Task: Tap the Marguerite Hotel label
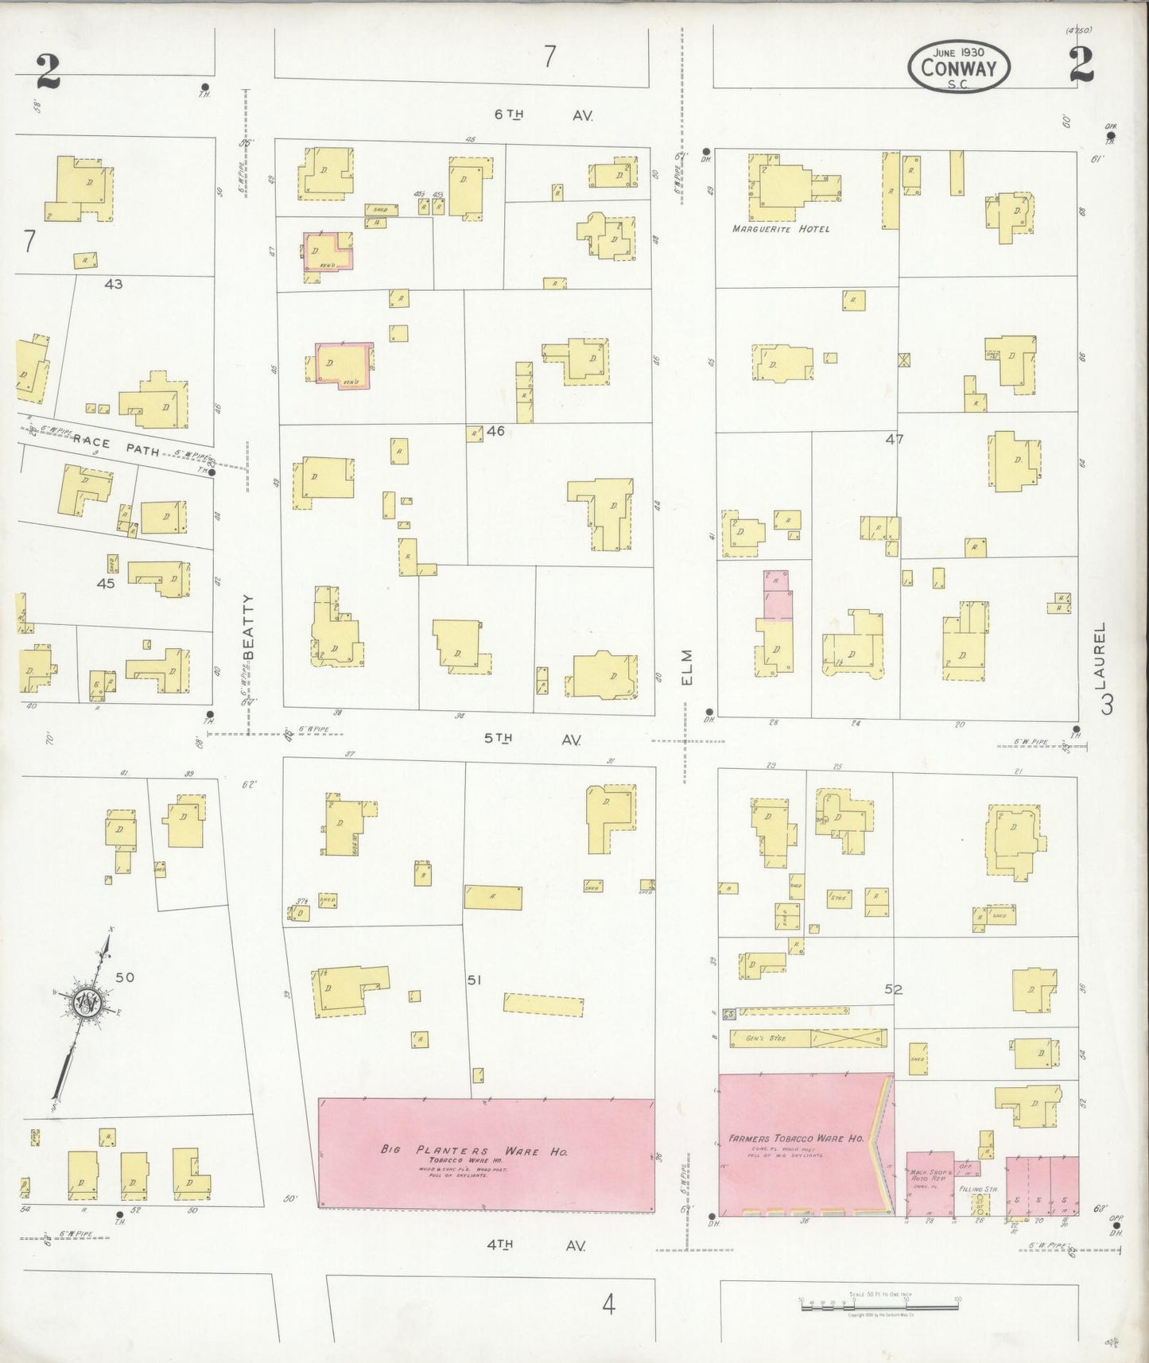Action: (x=780, y=229)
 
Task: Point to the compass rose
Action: (x=85, y=1004)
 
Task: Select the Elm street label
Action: (x=687, y=666)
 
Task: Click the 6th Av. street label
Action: (x=544, y=115)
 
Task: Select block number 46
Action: (x=495, y=432)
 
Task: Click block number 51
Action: (x=475, y=981)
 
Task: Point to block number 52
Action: (x=894, y=989)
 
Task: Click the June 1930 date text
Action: (x=960, y=52)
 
